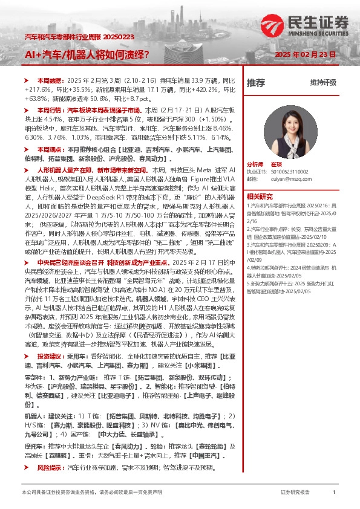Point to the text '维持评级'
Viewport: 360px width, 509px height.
(x=323, y=82)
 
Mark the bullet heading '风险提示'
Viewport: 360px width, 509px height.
(x=49, y=468)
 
